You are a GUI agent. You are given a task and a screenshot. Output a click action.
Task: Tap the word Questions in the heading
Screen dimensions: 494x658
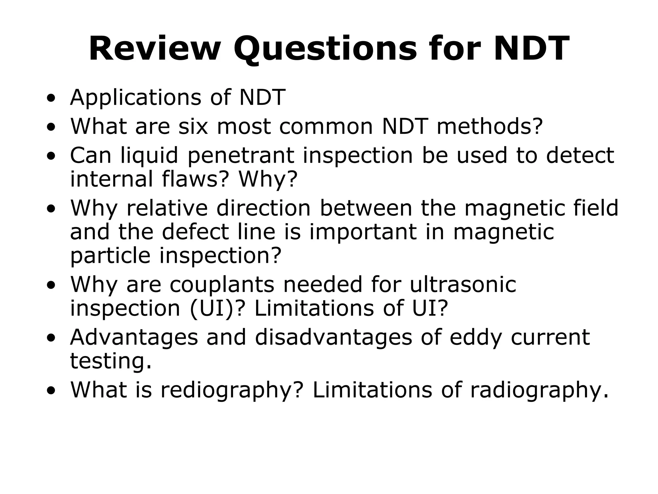pos(325,49)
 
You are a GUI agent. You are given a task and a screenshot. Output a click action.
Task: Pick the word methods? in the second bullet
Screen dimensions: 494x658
pos(490,126)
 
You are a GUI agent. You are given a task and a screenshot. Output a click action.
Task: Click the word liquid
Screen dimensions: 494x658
pos(149,155)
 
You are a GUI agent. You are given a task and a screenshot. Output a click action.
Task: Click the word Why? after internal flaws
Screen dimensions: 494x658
pos(268,179)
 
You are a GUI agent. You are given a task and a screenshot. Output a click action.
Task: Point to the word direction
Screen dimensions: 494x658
pos(263,208)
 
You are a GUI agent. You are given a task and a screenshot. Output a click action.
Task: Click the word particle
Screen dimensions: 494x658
pos(110,256)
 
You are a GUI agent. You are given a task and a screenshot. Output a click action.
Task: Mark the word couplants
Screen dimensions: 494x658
pos(222,285)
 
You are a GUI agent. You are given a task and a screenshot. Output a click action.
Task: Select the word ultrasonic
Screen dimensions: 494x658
pos(463,284)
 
